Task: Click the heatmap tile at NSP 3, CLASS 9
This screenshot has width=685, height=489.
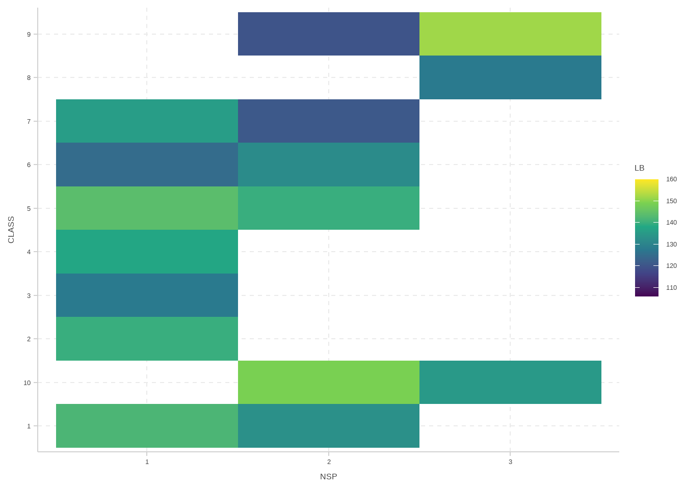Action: pyautogui.click(x=510, y=34)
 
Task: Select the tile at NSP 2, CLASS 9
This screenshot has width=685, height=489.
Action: pyautogui.click(x=329, y=34)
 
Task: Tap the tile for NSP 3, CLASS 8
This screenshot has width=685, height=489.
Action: pyautogui.click(x=510, y=77)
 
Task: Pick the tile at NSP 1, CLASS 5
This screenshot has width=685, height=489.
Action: pyautogui.click(x=147, y=208)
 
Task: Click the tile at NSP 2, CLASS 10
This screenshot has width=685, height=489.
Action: pyautogui.click(x=329, y=382)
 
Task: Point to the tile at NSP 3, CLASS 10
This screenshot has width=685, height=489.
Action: pyautogui.click(x=510, y=382)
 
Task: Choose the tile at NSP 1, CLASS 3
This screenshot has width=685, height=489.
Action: pyautogui.click(x=147, y=295)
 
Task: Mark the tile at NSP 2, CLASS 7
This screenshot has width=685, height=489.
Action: pyautogui.click(x=329, y=121)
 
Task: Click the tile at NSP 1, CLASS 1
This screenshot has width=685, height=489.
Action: pyautogui.click(x=147, y=426)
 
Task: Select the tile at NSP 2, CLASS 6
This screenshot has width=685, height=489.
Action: pyautogui.click(x=329, y=165)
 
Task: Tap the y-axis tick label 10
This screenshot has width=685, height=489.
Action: pyautogui.click(x=27, y=383)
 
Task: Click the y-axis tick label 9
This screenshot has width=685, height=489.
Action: pyautogui.click(x=29, y=34)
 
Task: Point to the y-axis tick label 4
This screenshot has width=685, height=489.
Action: pyautogui.click(x=29, y=252)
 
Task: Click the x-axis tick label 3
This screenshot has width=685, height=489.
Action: pyautogui.click(x=510, y=462)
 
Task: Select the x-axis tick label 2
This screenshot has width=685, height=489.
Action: pyautogui.click(x=329, y=462)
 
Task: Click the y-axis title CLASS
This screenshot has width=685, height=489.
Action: pyautogui.click(x=11, y=230)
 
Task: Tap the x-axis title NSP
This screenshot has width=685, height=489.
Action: pyautogui.click(x=329, y=476)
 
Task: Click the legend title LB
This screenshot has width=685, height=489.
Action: pyautogui.click(x=639, y=168)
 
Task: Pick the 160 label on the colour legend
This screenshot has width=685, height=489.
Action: pyautogui.click(x=671, y=179)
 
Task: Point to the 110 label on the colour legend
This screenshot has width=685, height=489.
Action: pyautogui.click(x=671, y=288)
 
